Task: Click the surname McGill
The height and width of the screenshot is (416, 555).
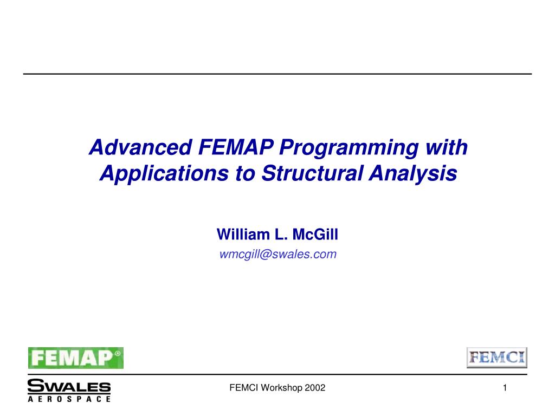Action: coord(315,235)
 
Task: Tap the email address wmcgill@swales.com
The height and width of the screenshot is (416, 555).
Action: coord(277,254)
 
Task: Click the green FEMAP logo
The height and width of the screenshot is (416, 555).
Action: coord(76,357)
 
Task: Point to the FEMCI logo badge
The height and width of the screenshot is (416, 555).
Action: coord(497,357)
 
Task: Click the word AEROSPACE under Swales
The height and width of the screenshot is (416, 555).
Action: coord(69,399)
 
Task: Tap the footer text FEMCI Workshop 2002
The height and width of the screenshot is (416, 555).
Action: coord(277,387)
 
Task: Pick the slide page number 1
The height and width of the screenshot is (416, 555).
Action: coord(505,387)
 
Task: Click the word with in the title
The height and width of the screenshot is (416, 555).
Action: coord(449,147)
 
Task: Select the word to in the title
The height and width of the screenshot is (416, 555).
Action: coord(244,174)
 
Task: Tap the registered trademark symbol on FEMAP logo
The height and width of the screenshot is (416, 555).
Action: coord(118,352)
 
